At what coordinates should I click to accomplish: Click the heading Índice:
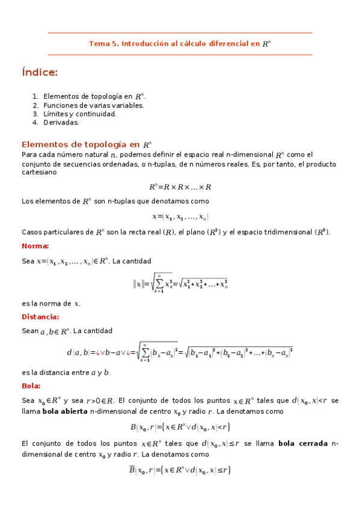(x=40, y=73)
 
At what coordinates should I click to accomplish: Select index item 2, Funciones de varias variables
(x=93, y=105)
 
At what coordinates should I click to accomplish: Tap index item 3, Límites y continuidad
(x=80, y=114)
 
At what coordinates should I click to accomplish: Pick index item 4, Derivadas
(x=61, y=122)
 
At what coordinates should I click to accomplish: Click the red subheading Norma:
(x=35, y=246)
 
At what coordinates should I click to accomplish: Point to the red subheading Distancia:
(x=40, y=317)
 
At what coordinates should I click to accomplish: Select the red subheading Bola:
(x=31, y=386)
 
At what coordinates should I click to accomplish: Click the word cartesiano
(x=39, y=172)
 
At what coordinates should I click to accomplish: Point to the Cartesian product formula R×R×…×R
(x=180, y=187)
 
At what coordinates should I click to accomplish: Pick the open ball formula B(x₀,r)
(x=180, y=427)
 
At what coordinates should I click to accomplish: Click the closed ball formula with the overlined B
(x=180, y=470)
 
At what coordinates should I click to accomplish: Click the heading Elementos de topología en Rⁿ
(x=86, y=144)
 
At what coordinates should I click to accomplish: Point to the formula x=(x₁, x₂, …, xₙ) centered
(x=180, y=216)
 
